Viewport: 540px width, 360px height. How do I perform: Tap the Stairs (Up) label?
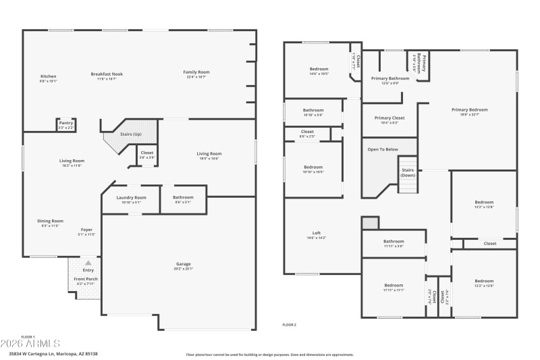click(130, 134)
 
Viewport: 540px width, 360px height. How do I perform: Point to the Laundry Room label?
click(130, 199)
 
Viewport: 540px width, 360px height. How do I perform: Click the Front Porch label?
click(86, 280)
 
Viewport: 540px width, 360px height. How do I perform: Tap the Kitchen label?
click(49, 77)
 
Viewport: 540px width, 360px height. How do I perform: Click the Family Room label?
click(196, 73)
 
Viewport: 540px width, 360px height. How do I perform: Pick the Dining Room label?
click(51, 222)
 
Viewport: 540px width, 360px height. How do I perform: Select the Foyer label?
click(86, 230)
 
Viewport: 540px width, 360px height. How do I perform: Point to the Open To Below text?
click(383, 149)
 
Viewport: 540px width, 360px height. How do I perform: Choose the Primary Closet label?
click(389, 119)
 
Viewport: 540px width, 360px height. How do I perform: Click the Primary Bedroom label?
click(470, 111)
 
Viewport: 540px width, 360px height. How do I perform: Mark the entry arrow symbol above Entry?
click(87, 263)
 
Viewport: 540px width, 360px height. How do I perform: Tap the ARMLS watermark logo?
click(30, 344)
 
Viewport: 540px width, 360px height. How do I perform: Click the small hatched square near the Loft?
click(368, 223)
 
